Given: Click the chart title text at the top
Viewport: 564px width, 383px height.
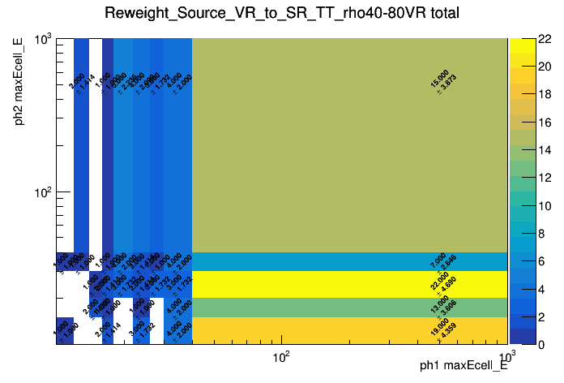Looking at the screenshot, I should coord(282,14).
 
